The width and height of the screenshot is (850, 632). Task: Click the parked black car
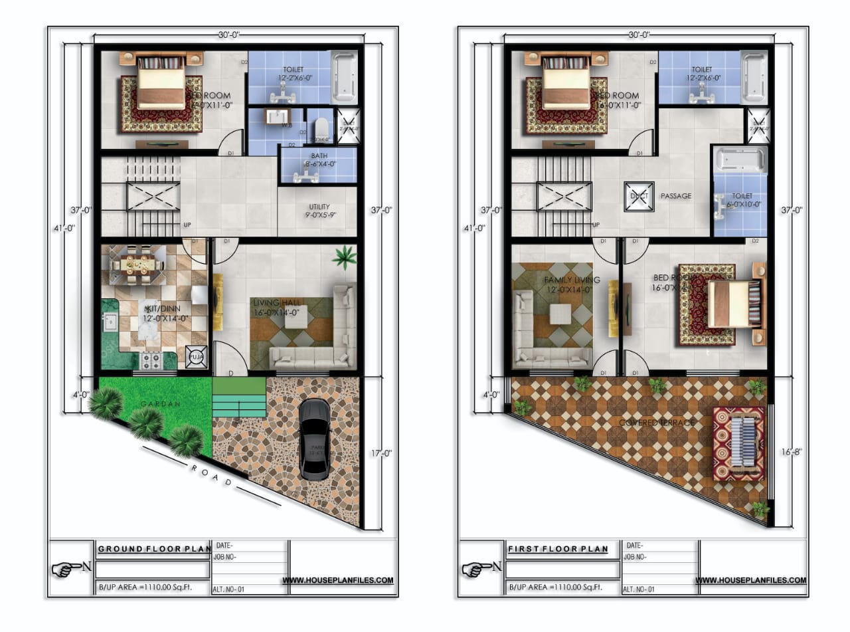pos(315,439)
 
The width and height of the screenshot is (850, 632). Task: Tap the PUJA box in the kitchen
pos(196,357)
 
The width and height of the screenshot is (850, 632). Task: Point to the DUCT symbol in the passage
pos(639,197)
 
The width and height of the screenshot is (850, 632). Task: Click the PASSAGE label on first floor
pos(675,196)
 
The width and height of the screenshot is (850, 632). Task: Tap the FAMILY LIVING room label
pos(572,280)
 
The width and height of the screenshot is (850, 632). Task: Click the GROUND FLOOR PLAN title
pos(153,550)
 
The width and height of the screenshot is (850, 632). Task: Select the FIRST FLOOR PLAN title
pos(558,550)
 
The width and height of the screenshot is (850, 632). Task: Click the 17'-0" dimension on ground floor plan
pos(381,453)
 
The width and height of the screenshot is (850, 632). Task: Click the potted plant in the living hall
pos(344,257)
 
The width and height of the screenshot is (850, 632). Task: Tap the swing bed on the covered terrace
pos(738,443)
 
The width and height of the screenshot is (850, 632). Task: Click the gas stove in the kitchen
pos(149,361)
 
